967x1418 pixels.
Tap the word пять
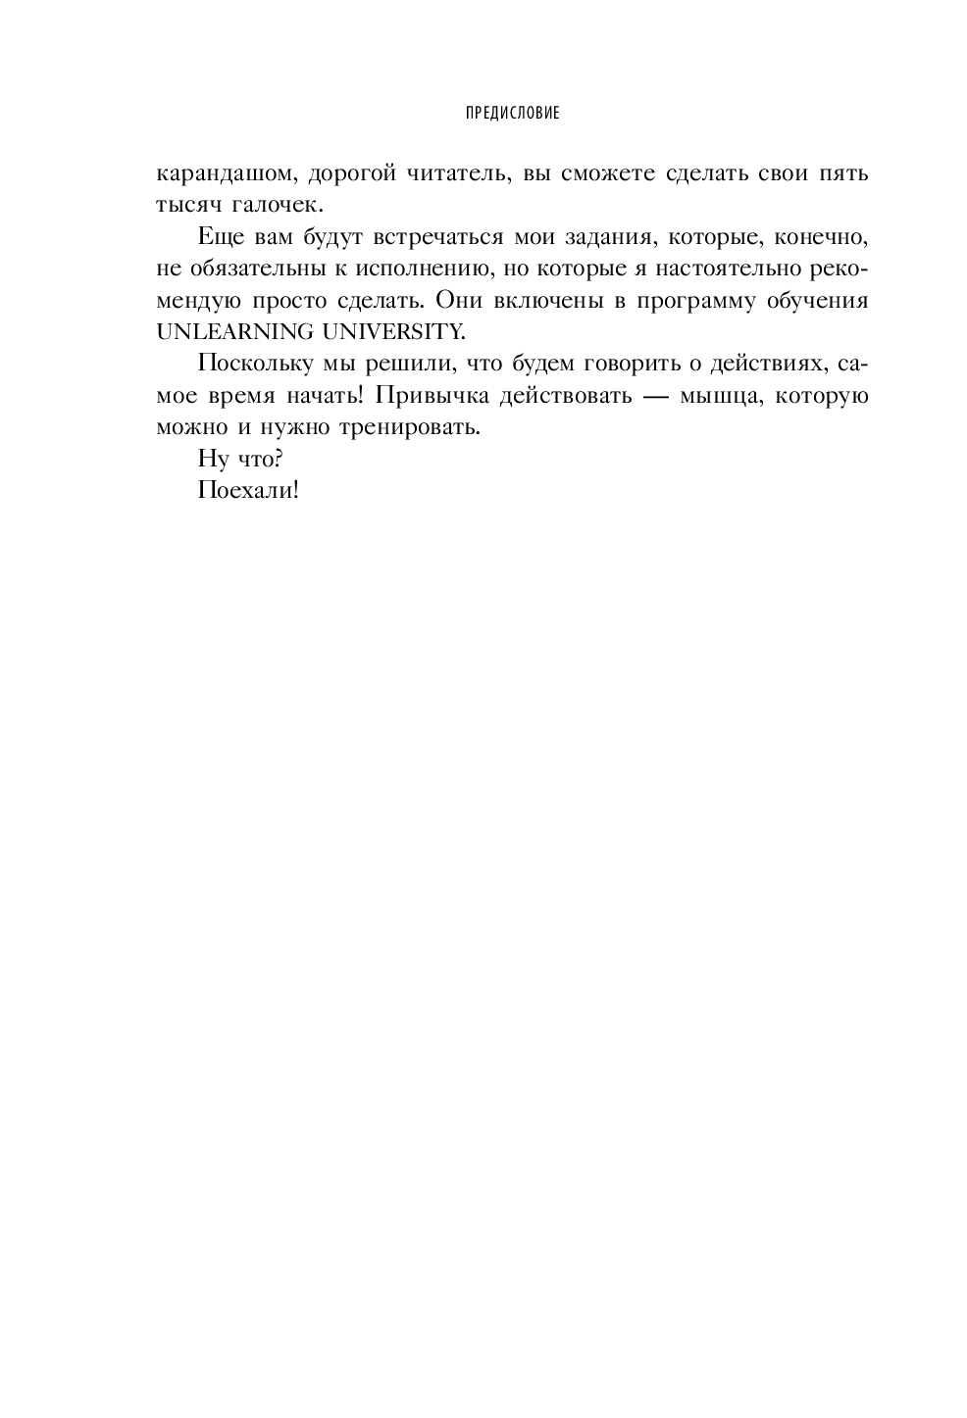coord(844,175)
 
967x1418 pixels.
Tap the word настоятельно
coord(711,269)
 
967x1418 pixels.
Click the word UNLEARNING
coord(231,332)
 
